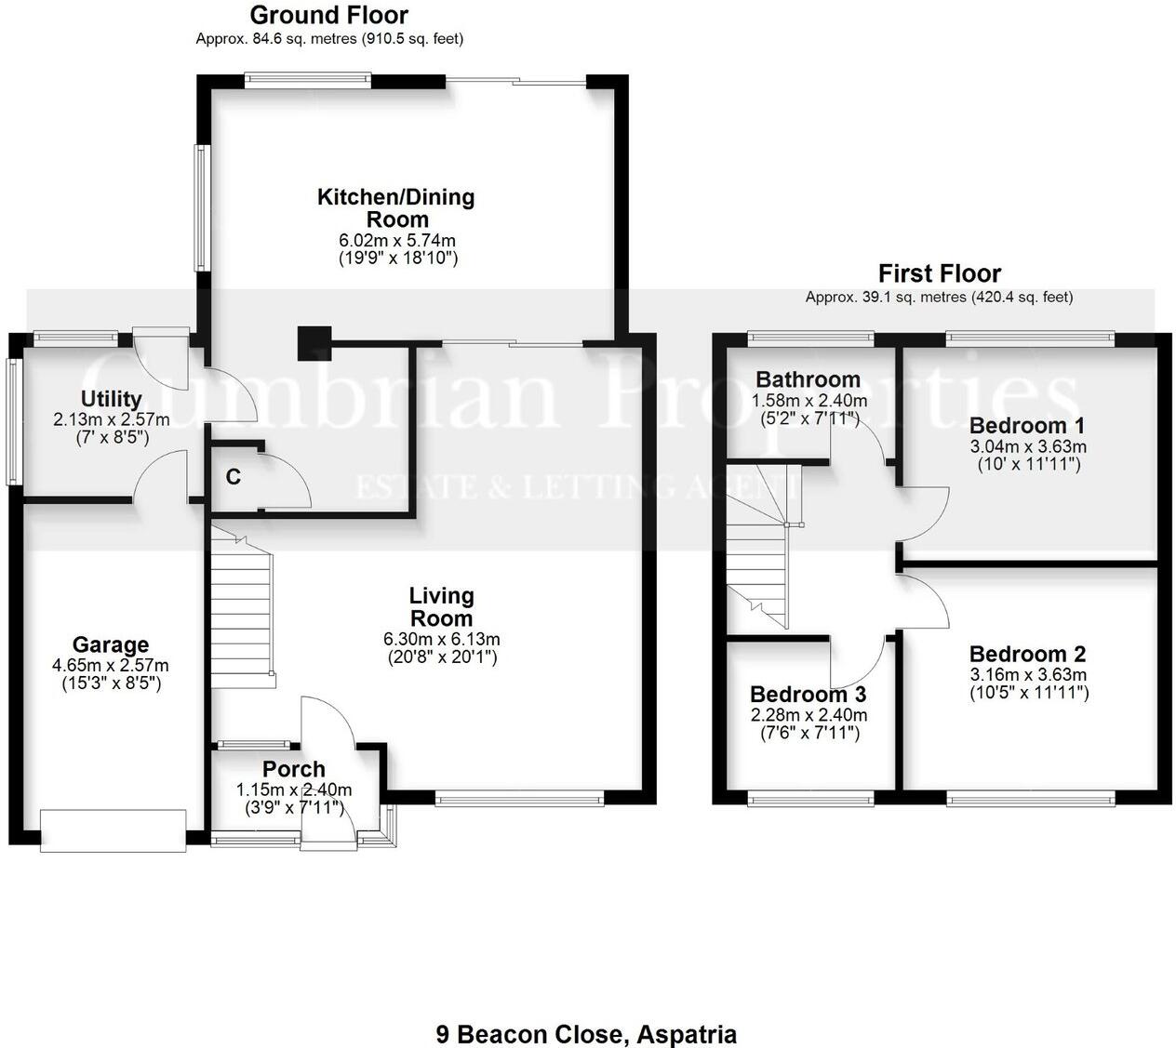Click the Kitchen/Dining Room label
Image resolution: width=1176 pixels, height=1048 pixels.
(396, 208)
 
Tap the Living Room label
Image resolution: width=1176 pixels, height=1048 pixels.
(442, 606)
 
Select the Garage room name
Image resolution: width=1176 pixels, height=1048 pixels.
(111, 644)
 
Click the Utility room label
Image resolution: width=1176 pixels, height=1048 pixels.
(111, 399)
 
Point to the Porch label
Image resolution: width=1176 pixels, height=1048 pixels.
(294, 769)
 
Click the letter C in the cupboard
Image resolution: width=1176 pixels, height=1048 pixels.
(234, 477)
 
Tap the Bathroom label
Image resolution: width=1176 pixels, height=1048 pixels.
(808, 379)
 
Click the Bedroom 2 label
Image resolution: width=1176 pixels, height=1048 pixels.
(1027, 655)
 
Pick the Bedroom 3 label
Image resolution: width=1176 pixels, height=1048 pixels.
(808, 695)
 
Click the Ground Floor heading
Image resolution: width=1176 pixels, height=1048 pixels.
(328, 16)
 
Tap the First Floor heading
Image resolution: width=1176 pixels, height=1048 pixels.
(939, 274)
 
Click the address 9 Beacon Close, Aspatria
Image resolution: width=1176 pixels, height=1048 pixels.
(586, 1034)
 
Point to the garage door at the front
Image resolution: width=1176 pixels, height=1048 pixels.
(114, 830)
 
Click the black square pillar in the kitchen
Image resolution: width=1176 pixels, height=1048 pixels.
(314, 343)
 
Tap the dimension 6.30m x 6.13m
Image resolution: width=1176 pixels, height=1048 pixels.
(442, 639)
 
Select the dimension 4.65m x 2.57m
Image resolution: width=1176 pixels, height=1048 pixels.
(111, 666)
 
